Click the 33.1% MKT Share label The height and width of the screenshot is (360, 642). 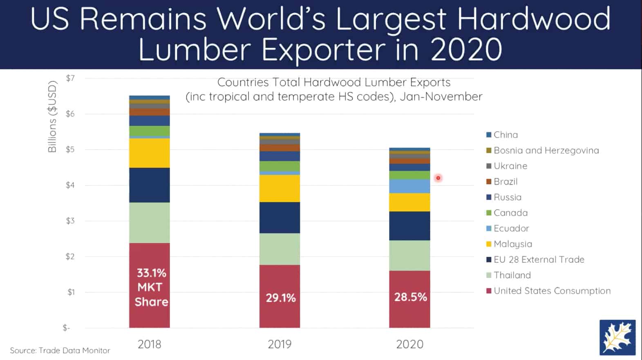point(151,287)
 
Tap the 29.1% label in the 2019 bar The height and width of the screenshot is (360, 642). point(280,298)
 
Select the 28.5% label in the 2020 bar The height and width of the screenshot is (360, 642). point(410,297)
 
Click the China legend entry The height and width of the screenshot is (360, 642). point(505,135)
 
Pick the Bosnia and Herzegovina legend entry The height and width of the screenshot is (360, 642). point(546,150)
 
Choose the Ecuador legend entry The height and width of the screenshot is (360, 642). point(511,228)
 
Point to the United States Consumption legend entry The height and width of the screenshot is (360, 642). point(552,291)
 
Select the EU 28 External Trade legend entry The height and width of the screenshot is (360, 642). point(539,259)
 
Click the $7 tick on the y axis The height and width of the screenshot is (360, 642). point(70,78)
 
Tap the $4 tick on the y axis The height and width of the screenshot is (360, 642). point(70,186)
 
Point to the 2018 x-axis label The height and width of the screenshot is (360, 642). point(149,344)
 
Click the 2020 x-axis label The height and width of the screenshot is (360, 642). point(409,344)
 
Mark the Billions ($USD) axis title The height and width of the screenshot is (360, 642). point(52,117)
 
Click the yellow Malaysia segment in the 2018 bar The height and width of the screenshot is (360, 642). point(149,153)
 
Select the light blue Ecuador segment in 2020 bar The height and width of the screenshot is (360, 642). point(409,186)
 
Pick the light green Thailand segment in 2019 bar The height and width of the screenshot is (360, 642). point(280,249)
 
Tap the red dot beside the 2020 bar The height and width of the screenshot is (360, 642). point(438,178)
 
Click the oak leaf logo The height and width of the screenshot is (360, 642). point(617,337)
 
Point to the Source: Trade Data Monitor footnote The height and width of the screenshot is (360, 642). point(60,351)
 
